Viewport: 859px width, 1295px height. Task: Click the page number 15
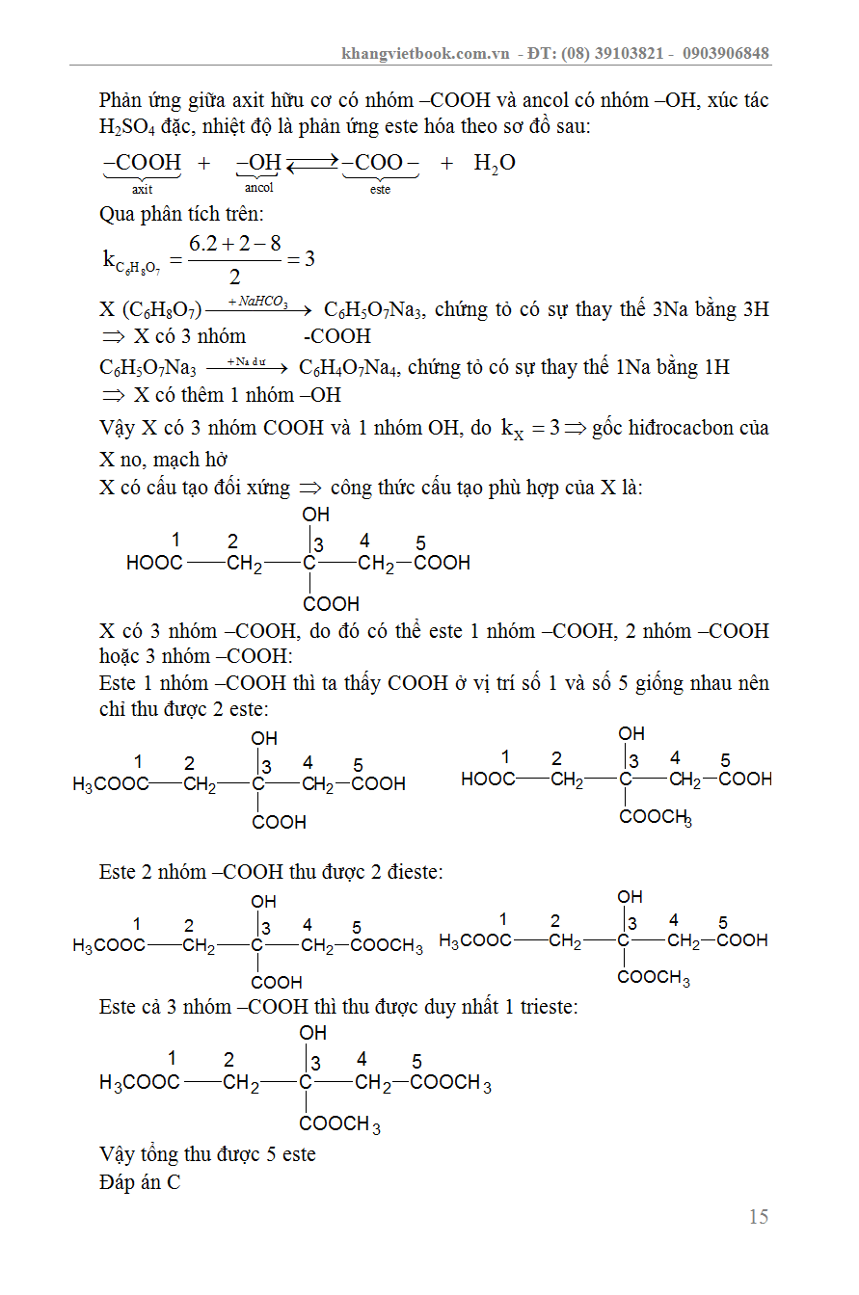[x=759, y=1217]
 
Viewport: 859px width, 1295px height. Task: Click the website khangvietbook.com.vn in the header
[x=425, y=53]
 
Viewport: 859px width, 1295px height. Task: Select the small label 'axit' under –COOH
[x=142, y=190]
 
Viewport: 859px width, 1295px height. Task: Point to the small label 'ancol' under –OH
[x=258, y=188]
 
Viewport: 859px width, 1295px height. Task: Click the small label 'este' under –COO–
[x=380, y=190]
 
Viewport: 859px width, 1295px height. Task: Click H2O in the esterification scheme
[x=495, y=164]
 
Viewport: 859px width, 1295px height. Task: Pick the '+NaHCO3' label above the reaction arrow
[x=257, y=303]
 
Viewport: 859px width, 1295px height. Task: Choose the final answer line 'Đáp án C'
[x=140, y=1182]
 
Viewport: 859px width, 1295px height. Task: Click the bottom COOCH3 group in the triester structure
[x=339, y=1123]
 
